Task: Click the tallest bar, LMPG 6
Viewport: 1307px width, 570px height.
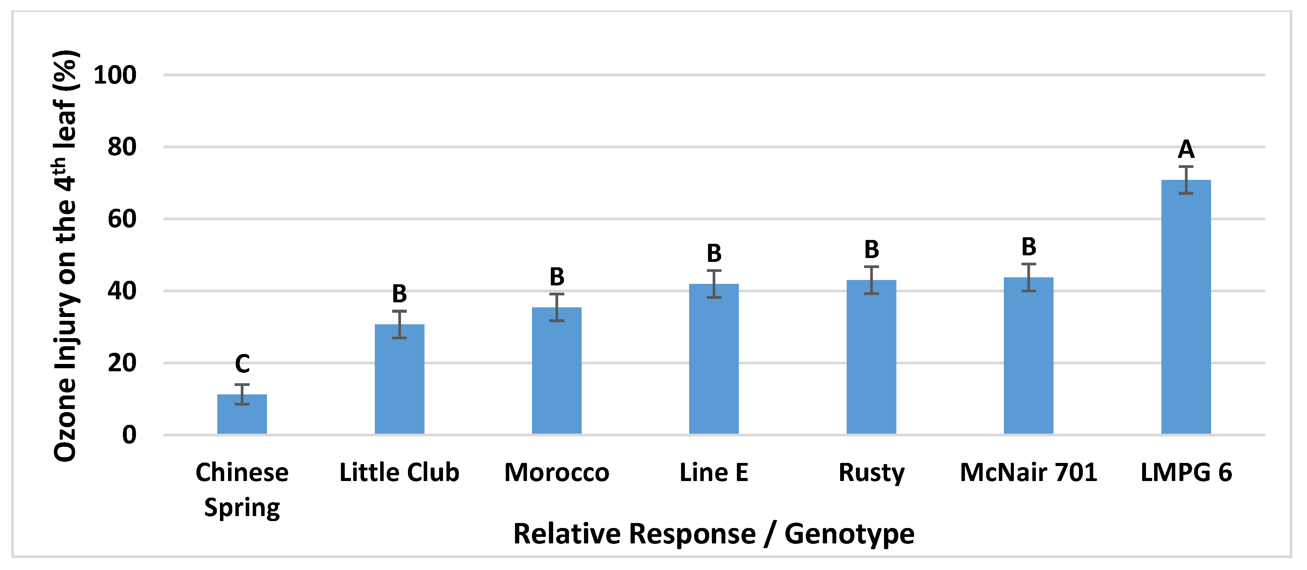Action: pos(1186,307)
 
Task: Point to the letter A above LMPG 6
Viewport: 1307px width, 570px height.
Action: pos(1186,149)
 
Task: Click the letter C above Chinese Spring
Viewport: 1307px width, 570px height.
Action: pos(242,364)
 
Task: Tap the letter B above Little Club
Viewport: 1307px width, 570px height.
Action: pos(399,293)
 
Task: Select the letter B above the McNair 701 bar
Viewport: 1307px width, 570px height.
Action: pos(1028,247)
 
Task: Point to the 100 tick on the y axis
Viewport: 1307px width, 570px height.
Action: pos(115,75)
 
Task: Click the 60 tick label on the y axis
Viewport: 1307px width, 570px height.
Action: pos(122,219)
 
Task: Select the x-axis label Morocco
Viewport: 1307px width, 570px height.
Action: pos(557,473)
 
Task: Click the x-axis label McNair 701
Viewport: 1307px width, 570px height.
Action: pos(1028,473)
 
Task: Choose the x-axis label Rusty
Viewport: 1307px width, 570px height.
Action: pos(871,473)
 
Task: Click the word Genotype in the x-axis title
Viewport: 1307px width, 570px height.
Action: pos(849,534)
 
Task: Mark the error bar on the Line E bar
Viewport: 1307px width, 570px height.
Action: pos(714,284)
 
